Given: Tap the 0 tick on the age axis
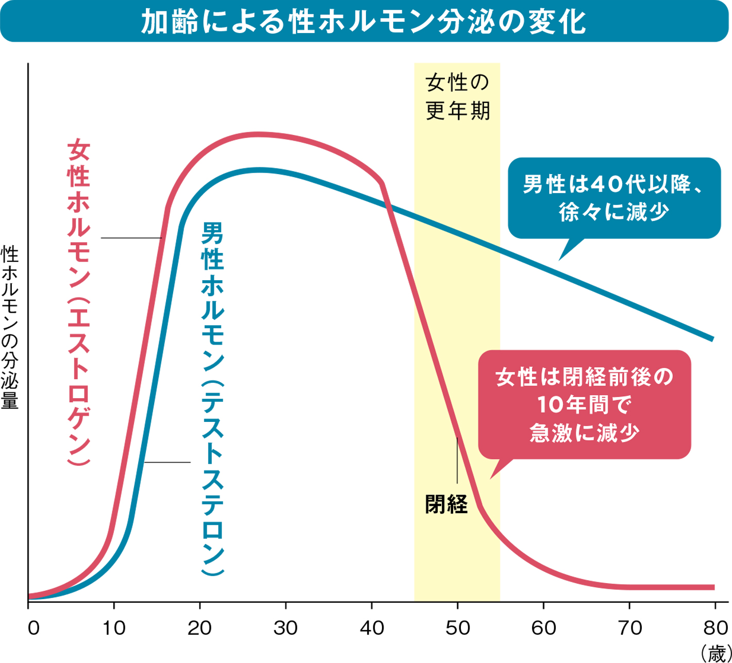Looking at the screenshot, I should tap(34, 628).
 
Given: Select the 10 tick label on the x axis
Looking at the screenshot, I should tap(114, 628).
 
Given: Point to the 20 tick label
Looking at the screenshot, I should tap(199, 628).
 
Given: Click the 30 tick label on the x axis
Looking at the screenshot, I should tap(286, 628).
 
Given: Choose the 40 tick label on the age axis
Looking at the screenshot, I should tap(371, 628).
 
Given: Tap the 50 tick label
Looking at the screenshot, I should tap(457, 628).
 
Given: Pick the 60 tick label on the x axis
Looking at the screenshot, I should tap(543, 628).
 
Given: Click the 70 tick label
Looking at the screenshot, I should tap(629, 628).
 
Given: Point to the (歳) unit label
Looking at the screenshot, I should tap(714, 653).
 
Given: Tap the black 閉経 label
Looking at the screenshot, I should tap(446, 504).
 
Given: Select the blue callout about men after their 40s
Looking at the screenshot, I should tap(614, 198).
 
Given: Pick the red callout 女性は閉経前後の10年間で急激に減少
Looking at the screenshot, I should tap(584, 404).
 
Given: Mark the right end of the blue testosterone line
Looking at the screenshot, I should tap(712, 339).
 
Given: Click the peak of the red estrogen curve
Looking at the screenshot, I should tap(260, 134).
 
